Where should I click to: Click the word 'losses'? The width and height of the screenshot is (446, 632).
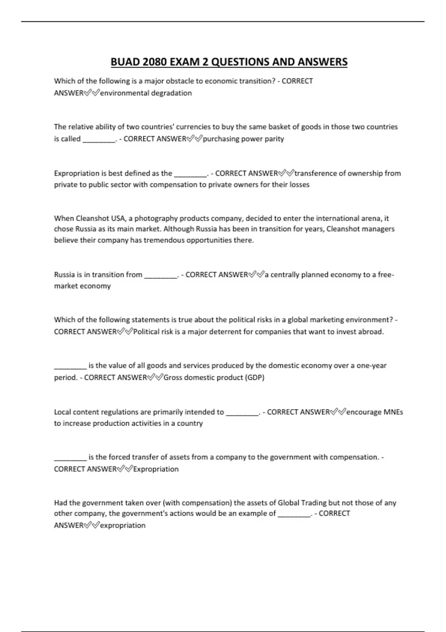pos(299,185)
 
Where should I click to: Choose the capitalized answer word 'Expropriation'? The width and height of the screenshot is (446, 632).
pos(156,469)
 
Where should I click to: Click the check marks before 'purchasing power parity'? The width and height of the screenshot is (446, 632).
pos(194,139)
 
